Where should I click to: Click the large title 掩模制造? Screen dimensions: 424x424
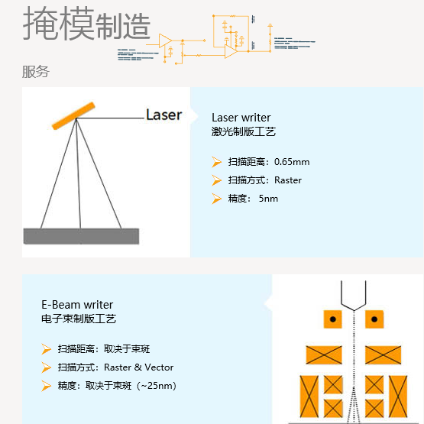pos(86,24)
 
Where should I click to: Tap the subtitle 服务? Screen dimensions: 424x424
pos(35,72)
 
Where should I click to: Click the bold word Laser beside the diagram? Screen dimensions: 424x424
pos(163,115)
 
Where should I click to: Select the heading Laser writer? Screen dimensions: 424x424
pos(241,118)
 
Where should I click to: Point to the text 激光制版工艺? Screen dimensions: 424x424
pos(244,131)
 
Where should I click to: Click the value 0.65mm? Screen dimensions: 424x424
pos(292,162)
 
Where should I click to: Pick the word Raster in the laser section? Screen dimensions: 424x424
pos(288,180)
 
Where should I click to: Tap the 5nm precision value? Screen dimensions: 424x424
pos(268,199)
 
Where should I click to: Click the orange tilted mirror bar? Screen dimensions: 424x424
pos(73,115)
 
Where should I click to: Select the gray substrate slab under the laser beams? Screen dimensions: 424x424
pos(82,236)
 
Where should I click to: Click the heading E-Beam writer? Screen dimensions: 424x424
pos(77,305)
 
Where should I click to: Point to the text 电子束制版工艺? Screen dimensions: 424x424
pos(79,319)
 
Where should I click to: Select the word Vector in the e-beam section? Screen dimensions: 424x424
pos(159,367)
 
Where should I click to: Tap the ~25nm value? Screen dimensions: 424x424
pos(158,386)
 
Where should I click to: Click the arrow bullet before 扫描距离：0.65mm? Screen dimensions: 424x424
pos(217,162)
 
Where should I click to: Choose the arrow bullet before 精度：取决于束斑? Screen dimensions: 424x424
pos(47,386)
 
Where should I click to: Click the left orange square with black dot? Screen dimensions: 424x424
pos(333,319)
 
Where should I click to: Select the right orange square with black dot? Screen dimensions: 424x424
pos(374,319)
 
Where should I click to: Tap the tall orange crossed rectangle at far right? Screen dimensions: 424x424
pos(398,396)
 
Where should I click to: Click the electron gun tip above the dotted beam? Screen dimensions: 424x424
pos(354,310)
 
